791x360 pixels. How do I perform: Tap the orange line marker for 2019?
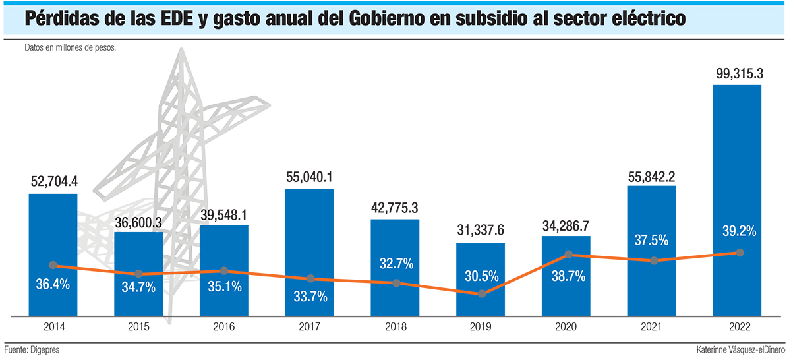(x=482, y=293)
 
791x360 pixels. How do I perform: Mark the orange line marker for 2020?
(x=568, y=255)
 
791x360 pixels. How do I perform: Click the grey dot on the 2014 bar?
(x=53, y=265)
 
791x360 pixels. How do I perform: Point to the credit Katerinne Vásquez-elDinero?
(x=742, y=349)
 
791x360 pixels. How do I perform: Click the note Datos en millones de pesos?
(x=71, y=48)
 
